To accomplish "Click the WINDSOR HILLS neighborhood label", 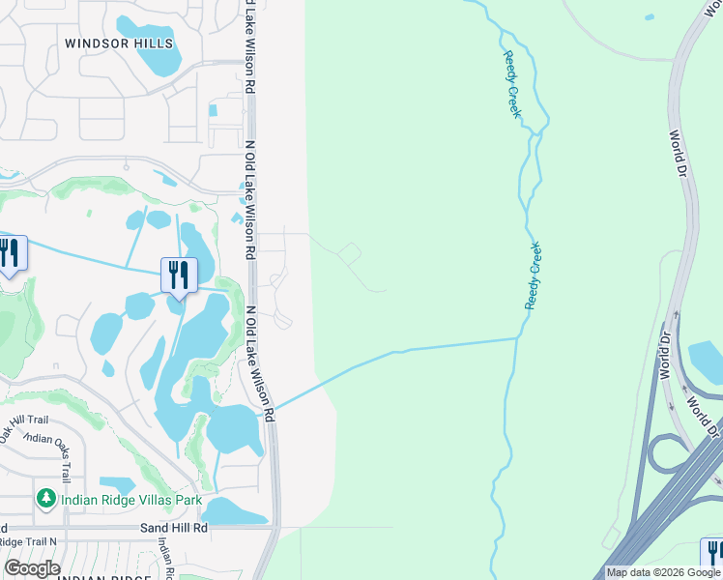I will point(119,43).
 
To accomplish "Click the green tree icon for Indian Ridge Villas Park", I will point(45,499).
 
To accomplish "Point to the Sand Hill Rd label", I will point(174,528).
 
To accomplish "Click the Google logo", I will point(32,568).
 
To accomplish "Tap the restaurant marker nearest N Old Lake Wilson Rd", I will point(179,275).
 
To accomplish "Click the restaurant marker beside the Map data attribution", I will point(713,553).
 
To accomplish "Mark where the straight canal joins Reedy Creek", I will point(519,338).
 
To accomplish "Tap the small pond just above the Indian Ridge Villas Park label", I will point(118,482).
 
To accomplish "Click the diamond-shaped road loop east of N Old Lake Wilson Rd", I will point(350,254).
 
